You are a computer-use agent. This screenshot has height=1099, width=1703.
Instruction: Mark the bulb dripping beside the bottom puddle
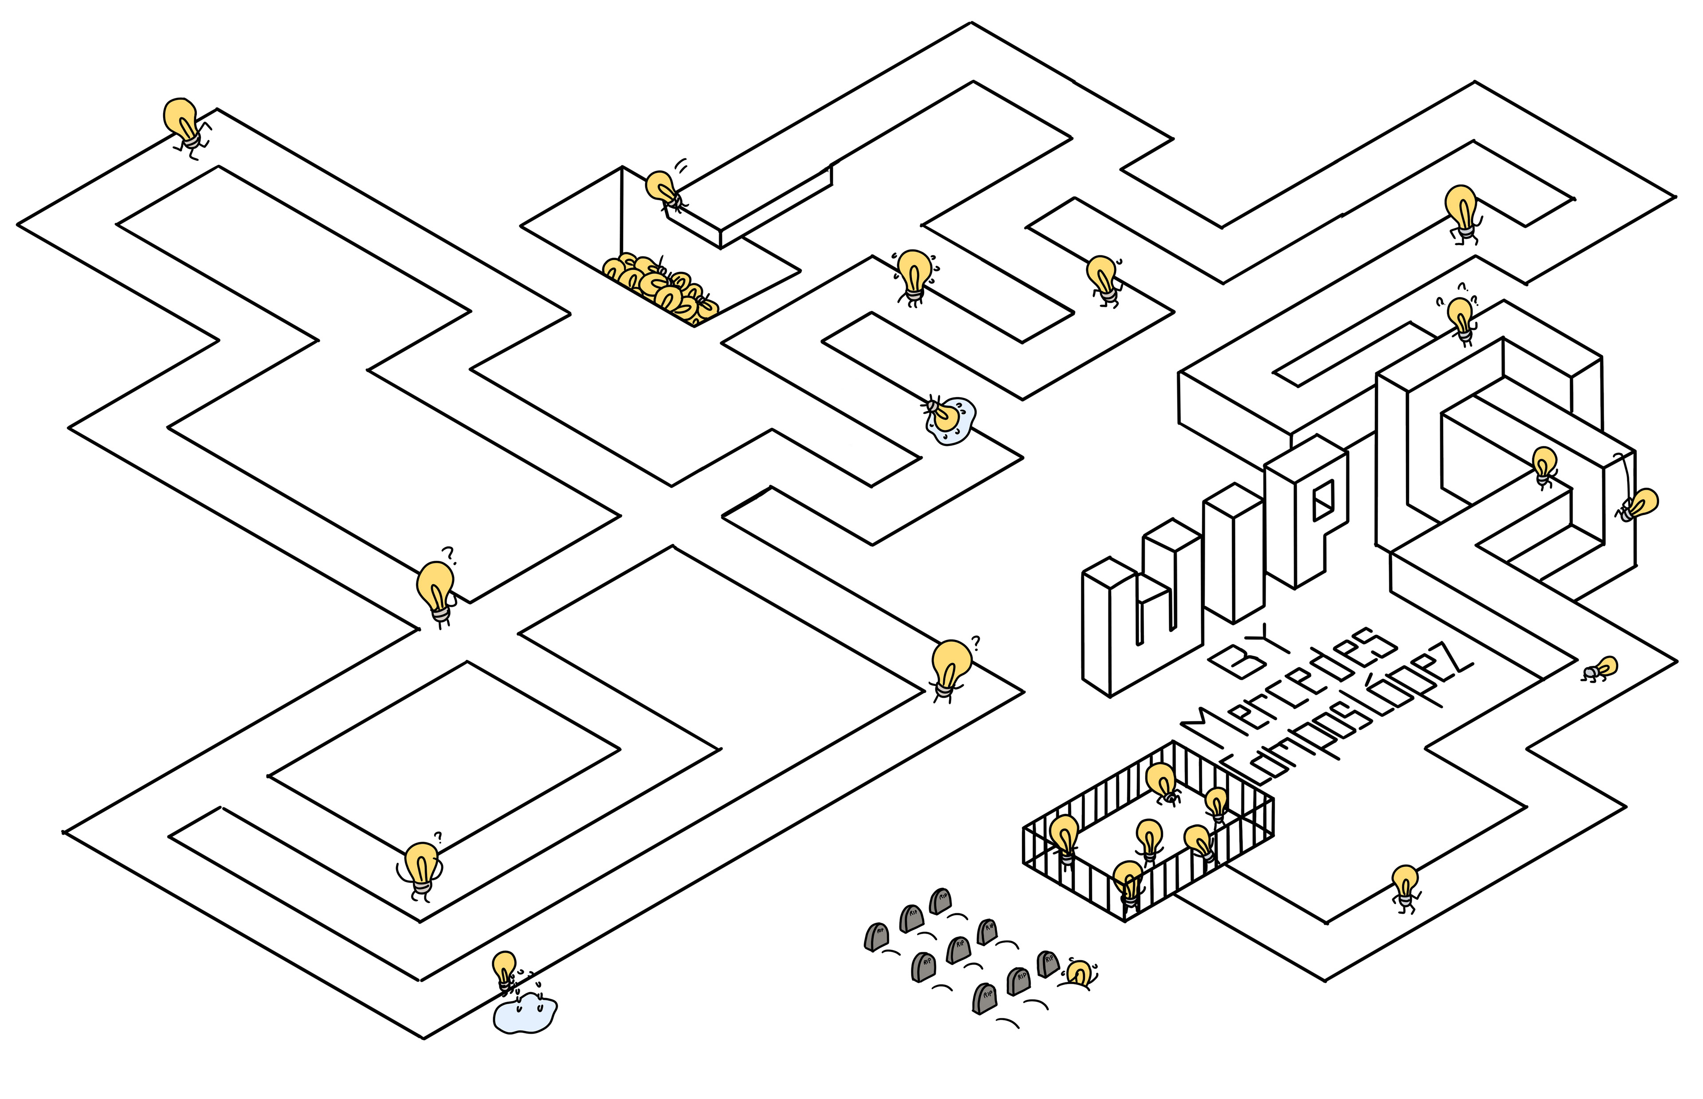pos(505,970)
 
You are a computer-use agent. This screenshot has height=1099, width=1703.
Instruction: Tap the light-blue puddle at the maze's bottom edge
pos(525,1013)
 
